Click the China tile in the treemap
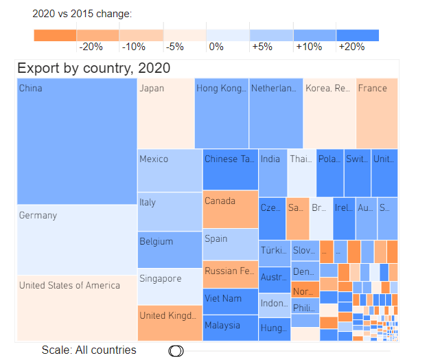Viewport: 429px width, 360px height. pyautogui.click(x=77, y=142)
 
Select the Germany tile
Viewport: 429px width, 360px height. pyautogui.click(x=77, y=240)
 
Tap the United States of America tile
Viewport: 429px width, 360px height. pyautogui.click(x=77, y=308)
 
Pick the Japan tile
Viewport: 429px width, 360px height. pyautogui.click(x=165, y=113)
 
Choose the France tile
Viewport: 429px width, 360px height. pyautogui.click(x=377, y=113)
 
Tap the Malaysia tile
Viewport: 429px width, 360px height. pyautogui.click(x=230, y=327)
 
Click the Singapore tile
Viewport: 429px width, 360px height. pyautogui.click(x=170, y=286)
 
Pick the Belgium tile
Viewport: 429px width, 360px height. pyautogui.click(x=170, y=249)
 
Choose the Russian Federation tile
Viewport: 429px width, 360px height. pyautogui.click(x=230, y=274)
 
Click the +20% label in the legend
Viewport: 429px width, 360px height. pyautogui.click(x=351, y=47)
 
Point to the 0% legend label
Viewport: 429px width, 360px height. pyautogui.click(x=216, y=47)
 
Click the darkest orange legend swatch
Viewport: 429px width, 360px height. pyautogui.click(x=55, y=35)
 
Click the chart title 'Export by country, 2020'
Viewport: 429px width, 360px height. pyautogui.click(x=93, y=68)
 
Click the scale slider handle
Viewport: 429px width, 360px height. pyautogui.click(x=176, y=350)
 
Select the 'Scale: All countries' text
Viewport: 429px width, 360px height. pyautogui.click(x=89, y=350)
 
